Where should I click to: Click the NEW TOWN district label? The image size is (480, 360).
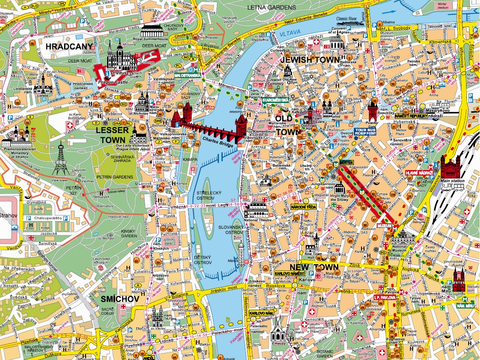pyautogui.click(x=320, y=268)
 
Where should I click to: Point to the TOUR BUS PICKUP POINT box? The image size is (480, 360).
pyautogui.click(x=365, y=131)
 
